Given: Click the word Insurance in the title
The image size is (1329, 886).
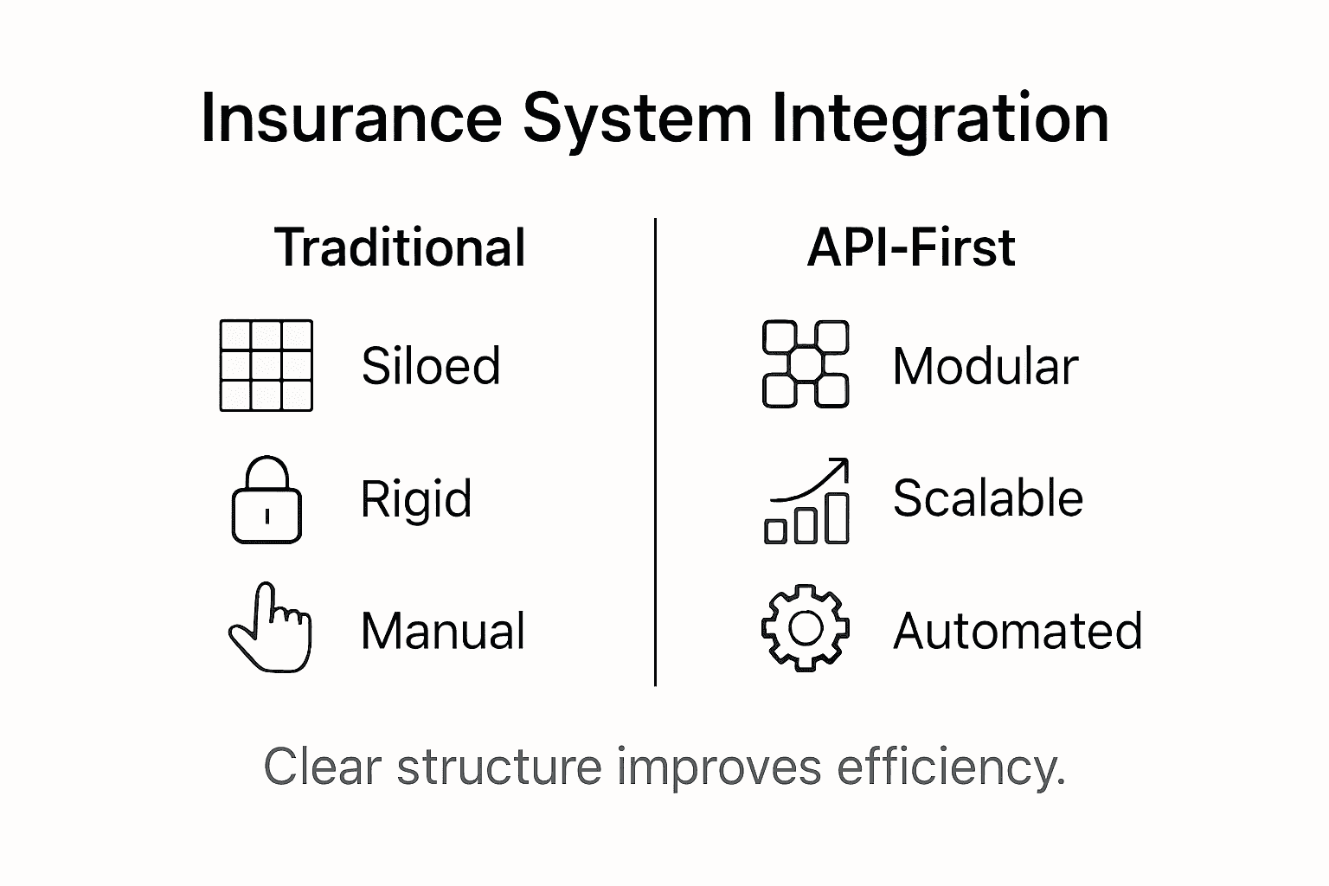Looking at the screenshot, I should pos(350,119).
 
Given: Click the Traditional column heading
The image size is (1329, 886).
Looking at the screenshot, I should pos(400,248).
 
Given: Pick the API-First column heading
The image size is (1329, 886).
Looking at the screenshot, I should pos(910,248).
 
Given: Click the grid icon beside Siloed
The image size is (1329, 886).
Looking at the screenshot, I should pos(266,365).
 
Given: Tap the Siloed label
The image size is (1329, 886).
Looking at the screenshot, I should pos(430,366).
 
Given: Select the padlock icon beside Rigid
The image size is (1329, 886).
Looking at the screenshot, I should pos(266,500).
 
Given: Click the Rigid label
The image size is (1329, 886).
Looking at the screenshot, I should pos(416,499).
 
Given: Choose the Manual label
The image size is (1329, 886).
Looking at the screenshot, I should pos(442,631).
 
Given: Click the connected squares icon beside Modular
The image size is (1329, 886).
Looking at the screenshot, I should pos(805,364).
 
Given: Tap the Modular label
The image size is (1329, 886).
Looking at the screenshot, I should pos(985,367).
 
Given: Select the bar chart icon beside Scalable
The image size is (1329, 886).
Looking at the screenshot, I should pos(806,502).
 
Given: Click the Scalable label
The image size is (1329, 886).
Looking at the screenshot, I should pos(987,499).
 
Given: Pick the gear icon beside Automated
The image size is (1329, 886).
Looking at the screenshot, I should pos(805,629).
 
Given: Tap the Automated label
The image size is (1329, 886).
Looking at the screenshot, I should pos(1018,631).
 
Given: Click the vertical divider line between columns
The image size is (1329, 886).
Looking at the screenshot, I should pos(655,450).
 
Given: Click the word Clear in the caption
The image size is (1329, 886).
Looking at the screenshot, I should pos(322,767).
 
